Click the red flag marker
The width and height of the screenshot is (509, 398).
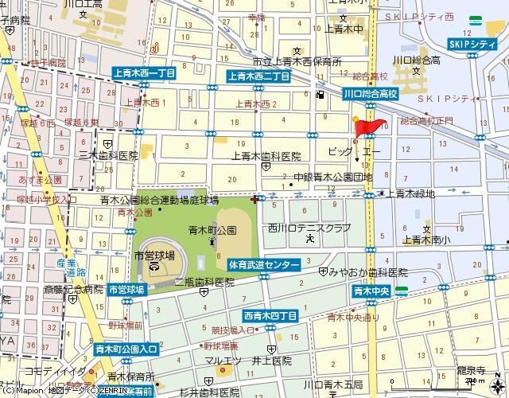coord(369,127)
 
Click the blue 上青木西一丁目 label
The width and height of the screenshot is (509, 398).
coord(144,73)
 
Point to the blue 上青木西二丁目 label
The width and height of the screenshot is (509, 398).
coord(258,76)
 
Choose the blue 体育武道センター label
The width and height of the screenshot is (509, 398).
coord(264,264)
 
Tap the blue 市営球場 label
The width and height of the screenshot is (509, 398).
coord(126,290)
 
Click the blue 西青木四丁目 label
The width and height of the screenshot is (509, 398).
coord(270,316)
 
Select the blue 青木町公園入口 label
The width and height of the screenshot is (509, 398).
coord(126,349)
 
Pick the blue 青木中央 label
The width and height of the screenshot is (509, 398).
coord(371,291)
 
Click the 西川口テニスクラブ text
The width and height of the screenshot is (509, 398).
coord(309,228)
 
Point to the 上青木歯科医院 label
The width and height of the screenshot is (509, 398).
coord(266,158)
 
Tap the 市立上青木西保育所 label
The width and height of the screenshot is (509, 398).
coord(297,61)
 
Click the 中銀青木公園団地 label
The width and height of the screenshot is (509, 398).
coord(332,177)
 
